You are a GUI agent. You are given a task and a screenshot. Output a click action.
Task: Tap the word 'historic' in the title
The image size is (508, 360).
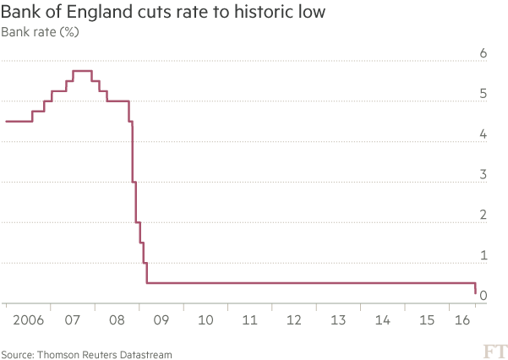pos(271,13)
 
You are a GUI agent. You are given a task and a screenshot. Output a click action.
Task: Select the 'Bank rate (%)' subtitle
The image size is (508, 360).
pos(41,33)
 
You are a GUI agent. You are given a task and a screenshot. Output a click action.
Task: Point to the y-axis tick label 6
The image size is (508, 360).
pos(483,53)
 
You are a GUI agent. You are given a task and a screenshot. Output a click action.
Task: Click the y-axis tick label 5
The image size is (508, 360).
pos(483,94)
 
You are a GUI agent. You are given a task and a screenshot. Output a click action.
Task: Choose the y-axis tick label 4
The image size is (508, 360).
pos(483,134)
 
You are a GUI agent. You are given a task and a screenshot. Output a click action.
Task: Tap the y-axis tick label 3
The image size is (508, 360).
pos(483,174)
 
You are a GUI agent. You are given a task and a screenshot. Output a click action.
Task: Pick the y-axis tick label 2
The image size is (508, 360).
pos(483,215)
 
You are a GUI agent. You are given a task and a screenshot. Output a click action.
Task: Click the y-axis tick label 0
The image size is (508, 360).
pos(483,295)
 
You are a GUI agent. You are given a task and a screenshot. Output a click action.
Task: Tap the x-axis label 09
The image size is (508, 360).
pos(161,320)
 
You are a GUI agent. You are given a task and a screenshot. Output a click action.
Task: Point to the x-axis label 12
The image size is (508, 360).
pos(293,320)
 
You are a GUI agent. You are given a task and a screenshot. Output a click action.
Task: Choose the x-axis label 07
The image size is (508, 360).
pos(72,320)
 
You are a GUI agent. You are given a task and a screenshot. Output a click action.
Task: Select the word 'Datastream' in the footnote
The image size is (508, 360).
pos(145,353)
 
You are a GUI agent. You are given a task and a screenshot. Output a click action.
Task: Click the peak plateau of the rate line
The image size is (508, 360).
pos(82,71)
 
